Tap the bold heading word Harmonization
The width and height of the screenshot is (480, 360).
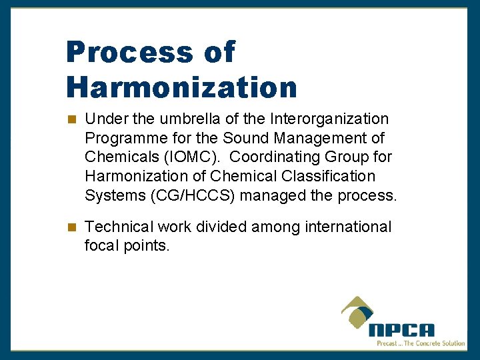[x=181, y=87]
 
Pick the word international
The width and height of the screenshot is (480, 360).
[x=348, y=227]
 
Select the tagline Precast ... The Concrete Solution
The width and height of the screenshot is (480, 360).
[x=420, y=343]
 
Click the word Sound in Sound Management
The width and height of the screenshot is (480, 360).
[x=245, y=139]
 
